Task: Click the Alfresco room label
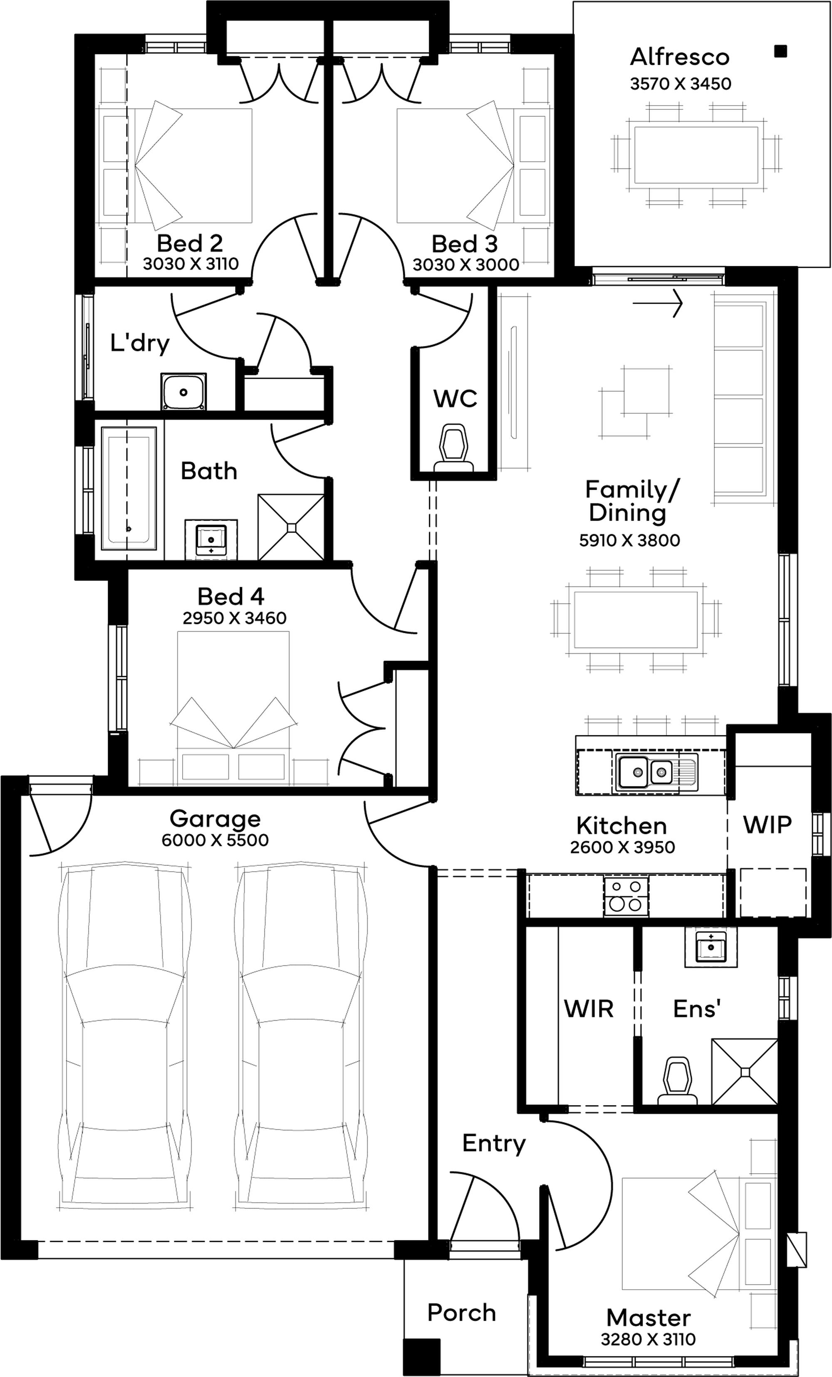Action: pos(680,57)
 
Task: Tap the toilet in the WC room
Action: pos(453,447)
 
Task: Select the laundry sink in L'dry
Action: pos(183,392)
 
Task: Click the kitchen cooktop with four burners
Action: pos(626,896)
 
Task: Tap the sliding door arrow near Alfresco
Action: pos(658,304)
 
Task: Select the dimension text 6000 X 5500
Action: pos(215,840)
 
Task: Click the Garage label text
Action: pos(215,819)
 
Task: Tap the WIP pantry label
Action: pos(767,824)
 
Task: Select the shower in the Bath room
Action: pos(291,527)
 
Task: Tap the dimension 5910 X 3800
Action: pos(629,540)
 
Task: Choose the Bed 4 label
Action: pos(230,597)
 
